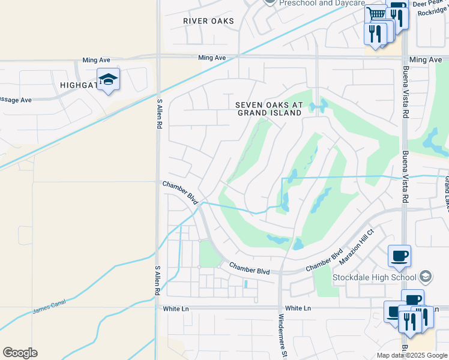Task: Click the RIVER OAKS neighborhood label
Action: [x=208, y=21]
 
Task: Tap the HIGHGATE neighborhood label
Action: [x=79, y=86]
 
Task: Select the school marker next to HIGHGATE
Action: [x=108, y=79]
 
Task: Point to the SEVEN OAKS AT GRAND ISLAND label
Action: [x=269, y=109]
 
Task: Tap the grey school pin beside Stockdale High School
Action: [x=426, y=277]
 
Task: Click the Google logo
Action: [x=20, y=353]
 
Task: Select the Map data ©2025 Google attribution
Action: [x=412, y=355]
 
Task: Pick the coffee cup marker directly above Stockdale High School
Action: [x=400, y=256]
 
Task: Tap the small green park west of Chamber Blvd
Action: [x=209, y=254]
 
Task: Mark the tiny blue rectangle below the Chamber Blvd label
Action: [x=245, y=284]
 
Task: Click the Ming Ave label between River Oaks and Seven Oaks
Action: [x=212, y=58]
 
